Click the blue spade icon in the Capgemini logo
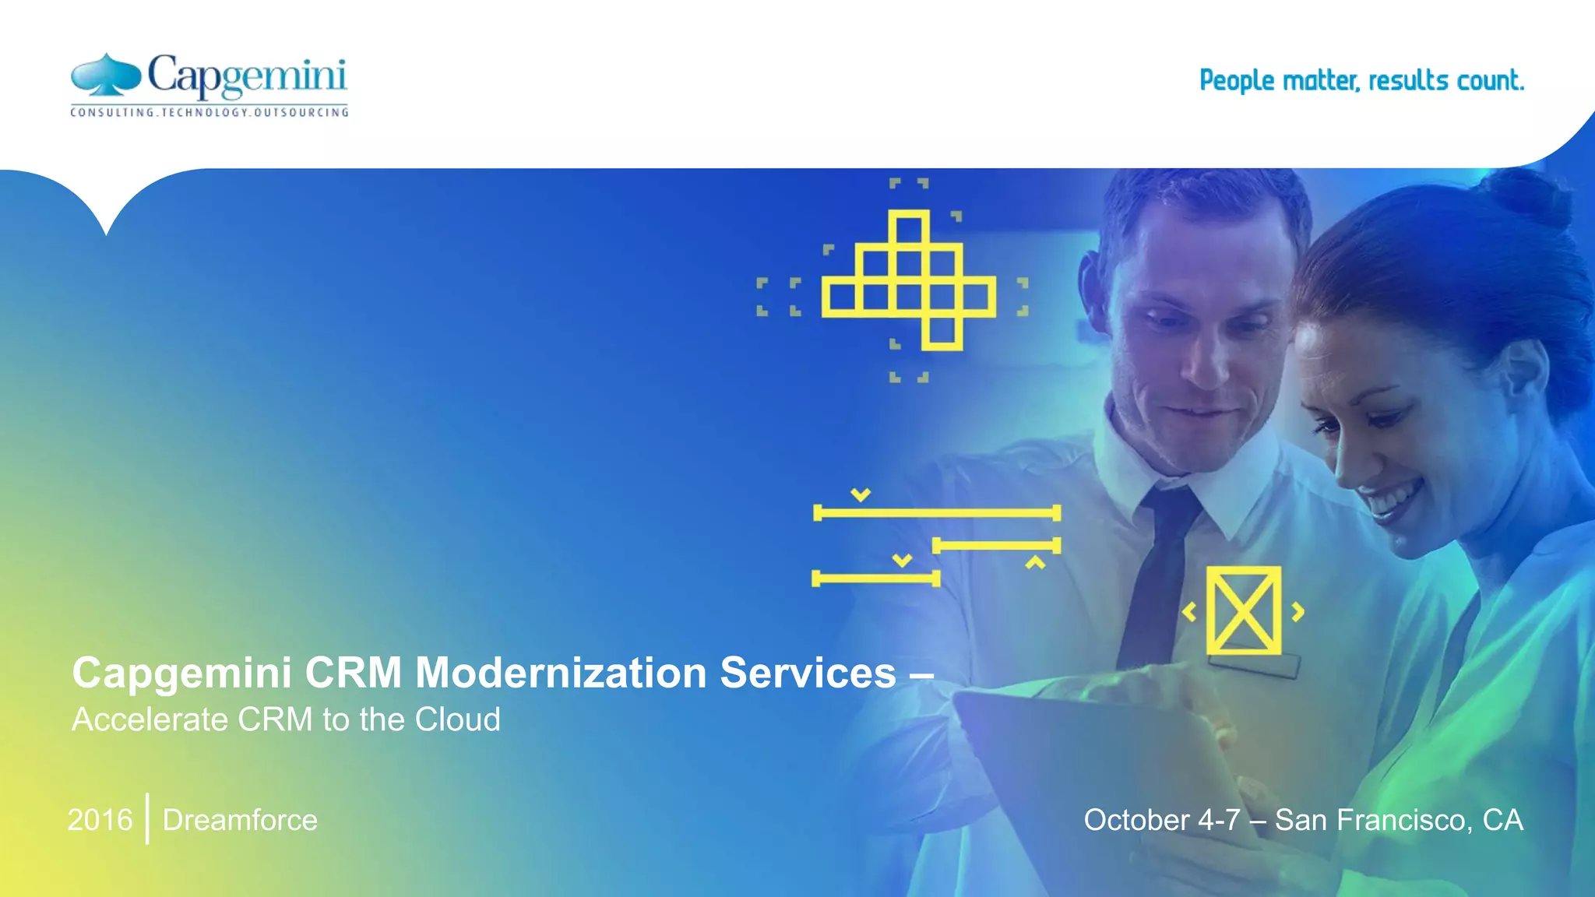point(106,75)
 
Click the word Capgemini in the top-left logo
point(246,77)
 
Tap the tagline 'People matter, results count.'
point(1361,80)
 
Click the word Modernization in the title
point(561,673)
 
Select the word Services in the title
point(808,673)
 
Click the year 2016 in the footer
point(100,820)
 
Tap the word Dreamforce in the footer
point(240,820)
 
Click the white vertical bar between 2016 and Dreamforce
point(147,818)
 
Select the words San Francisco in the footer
point(1373,820)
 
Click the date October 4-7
point(1161,820)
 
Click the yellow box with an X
point(1243,610)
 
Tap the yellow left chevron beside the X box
point(1189,612)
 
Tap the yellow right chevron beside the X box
point(1297,612)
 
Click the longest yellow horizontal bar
point(937,513)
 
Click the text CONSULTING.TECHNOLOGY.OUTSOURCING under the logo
point(209,113)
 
